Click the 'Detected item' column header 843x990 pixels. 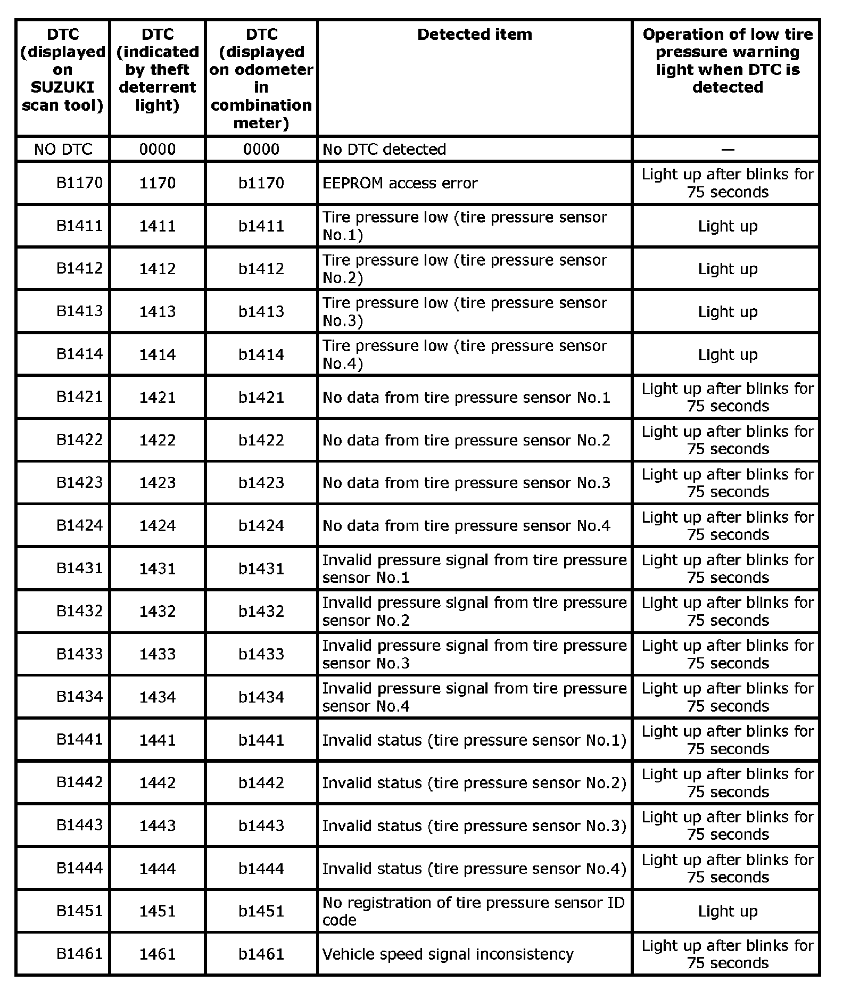(x=474, y=35)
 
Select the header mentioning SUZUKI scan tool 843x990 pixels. (x=63, y=70)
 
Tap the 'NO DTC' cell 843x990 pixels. (x=63, y=149)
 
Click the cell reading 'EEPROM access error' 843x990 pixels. (x=400, y=183)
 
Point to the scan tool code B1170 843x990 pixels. (x=79, y=183)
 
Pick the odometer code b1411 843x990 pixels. (x=261, y=226)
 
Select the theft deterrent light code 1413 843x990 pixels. (x=158, y=311)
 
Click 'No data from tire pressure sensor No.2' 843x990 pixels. (x=466, y=440)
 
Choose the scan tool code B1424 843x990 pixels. (x=79, y=525)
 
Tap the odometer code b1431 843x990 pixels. (x=261, y=568)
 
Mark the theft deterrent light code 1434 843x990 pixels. (x=158, y=697)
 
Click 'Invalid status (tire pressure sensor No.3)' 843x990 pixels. (x=474, y=826)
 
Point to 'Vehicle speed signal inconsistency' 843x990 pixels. (x=448, y=954)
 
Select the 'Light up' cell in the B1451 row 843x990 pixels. (x=727, y=911)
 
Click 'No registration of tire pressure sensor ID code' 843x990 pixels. (x=473, y=911)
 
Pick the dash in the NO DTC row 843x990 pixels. (x=727, y=150)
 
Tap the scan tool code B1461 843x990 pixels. (x=79, y=954)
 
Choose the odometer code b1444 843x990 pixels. (x=261, y=869)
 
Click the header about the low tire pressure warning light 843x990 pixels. (x=727, y=61)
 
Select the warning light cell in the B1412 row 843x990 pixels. (x=727, y=269)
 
